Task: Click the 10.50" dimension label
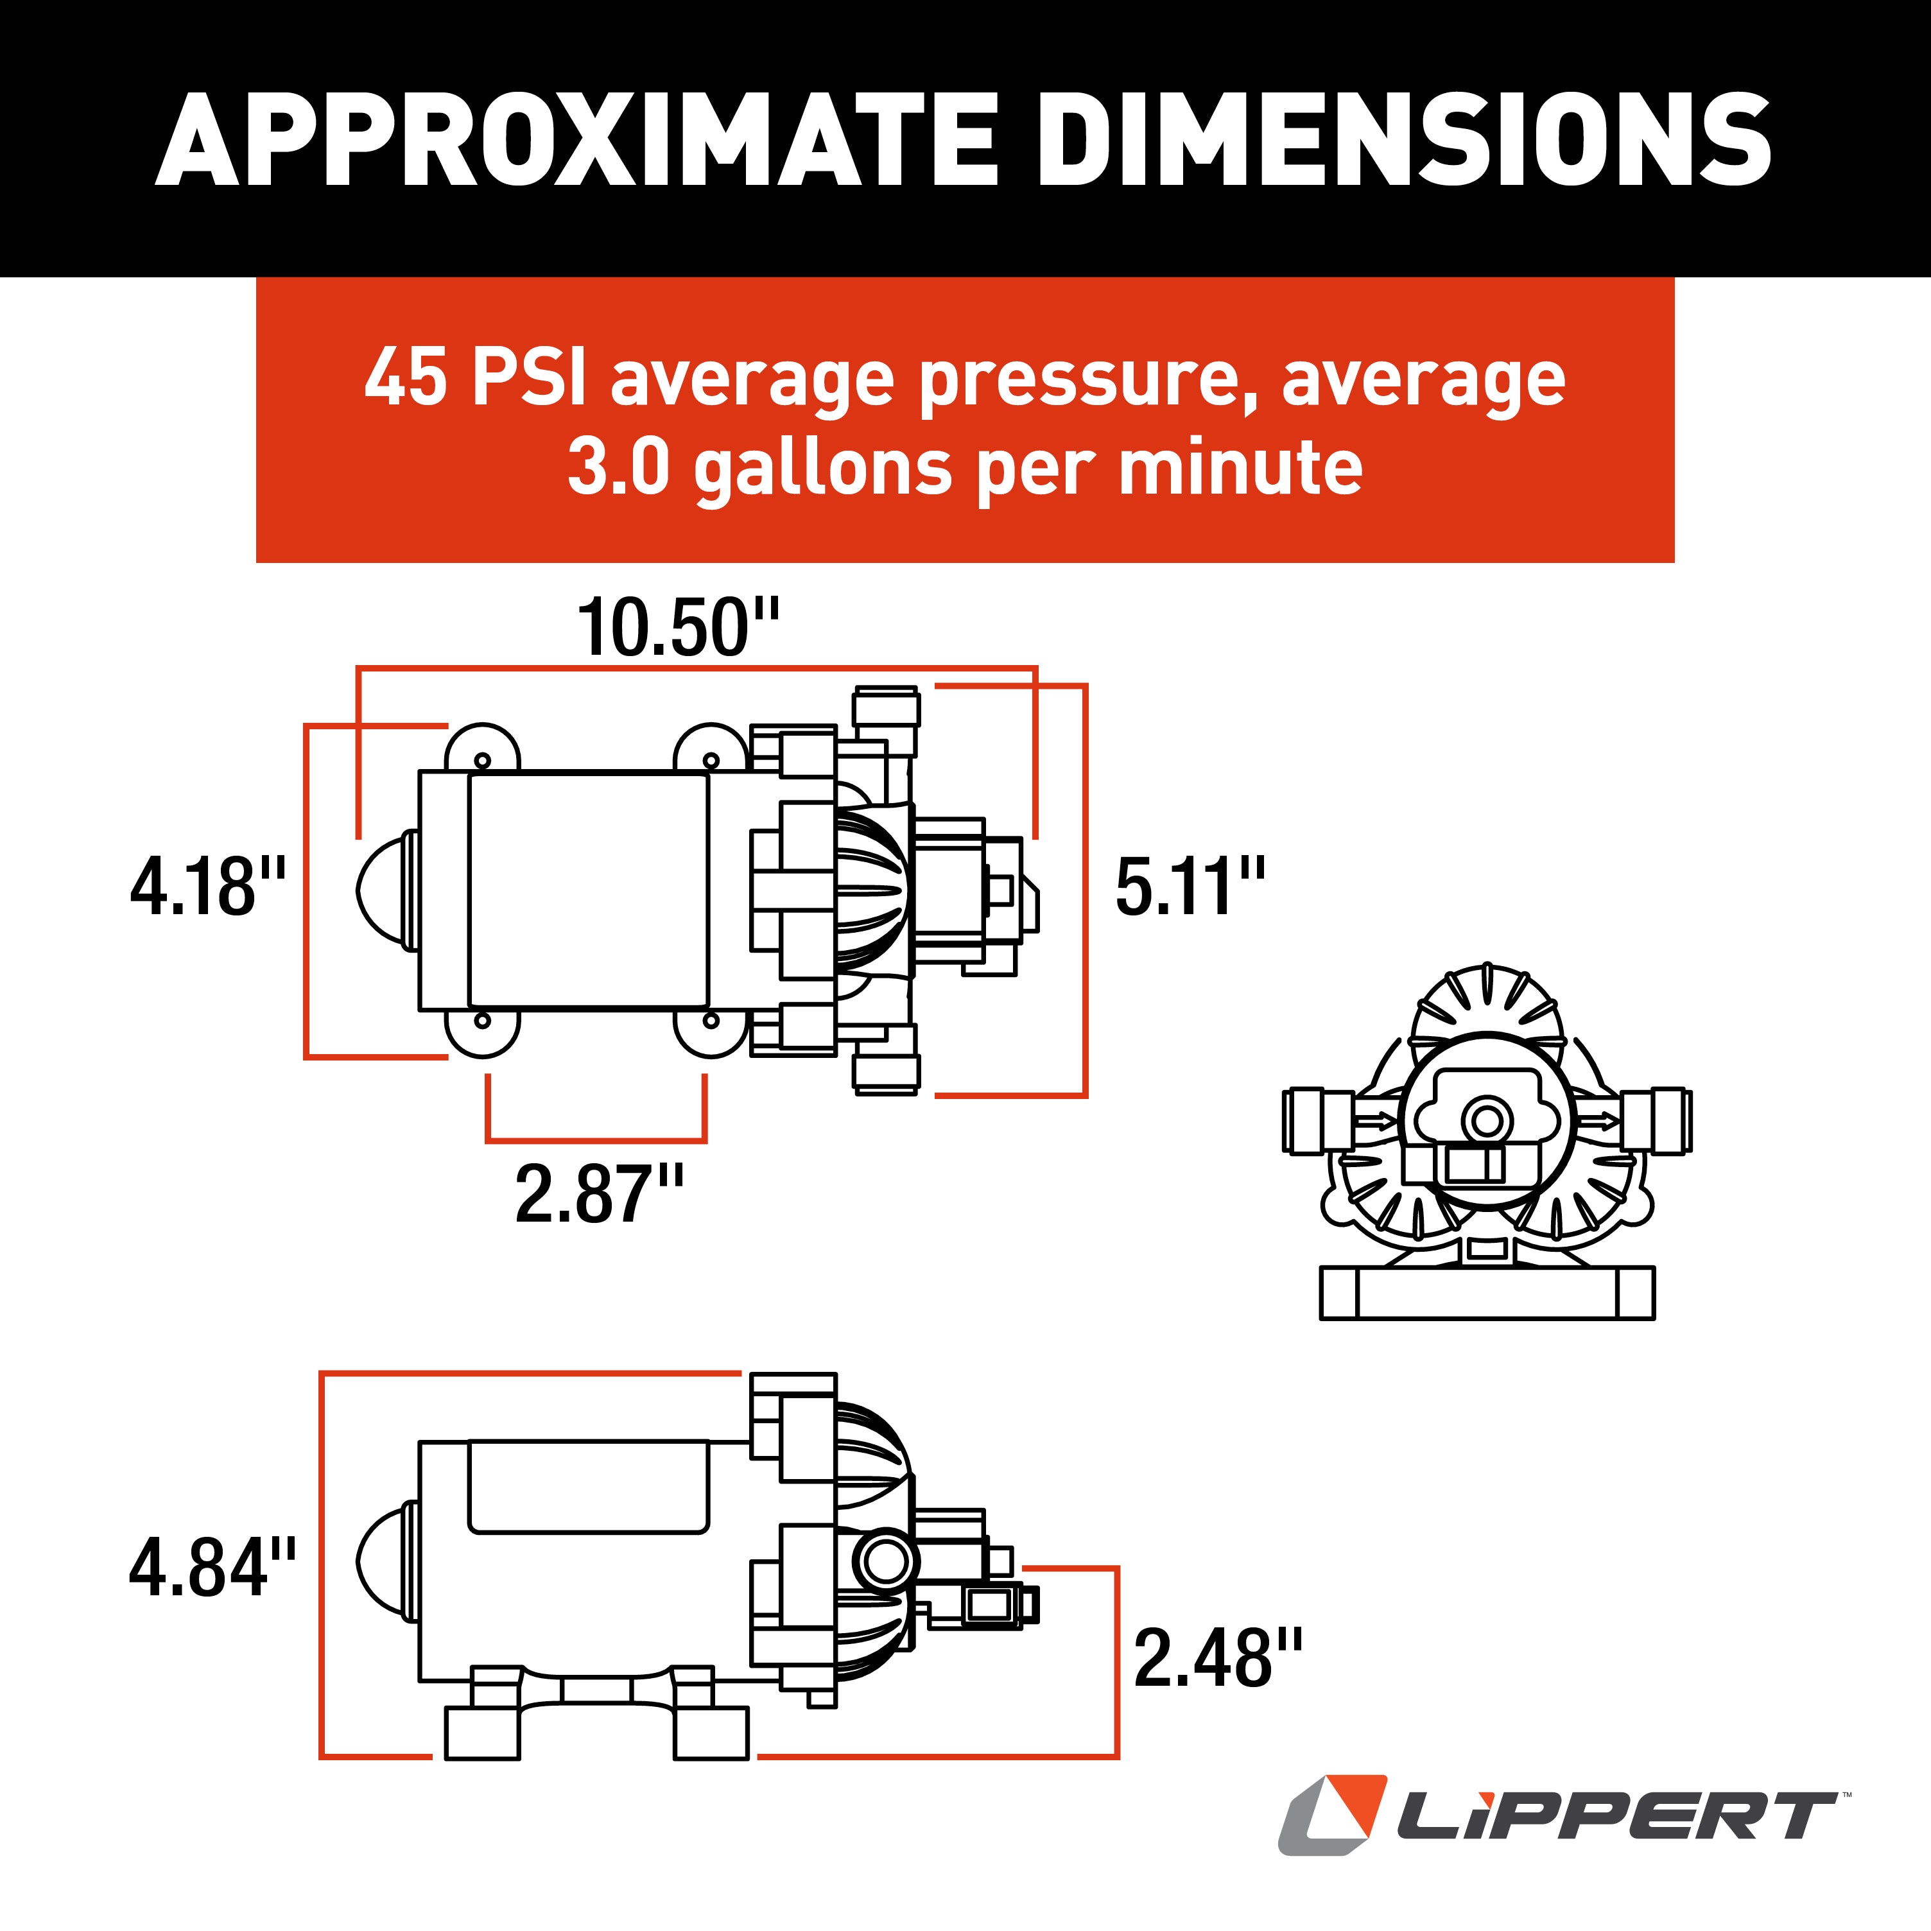coord(678,628)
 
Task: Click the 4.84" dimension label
coord(212,1567)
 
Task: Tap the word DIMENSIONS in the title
coord(1403,140)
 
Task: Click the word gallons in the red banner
coord(822,468)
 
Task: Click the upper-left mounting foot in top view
coord(481,750)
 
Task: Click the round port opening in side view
coord(885,1561)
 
